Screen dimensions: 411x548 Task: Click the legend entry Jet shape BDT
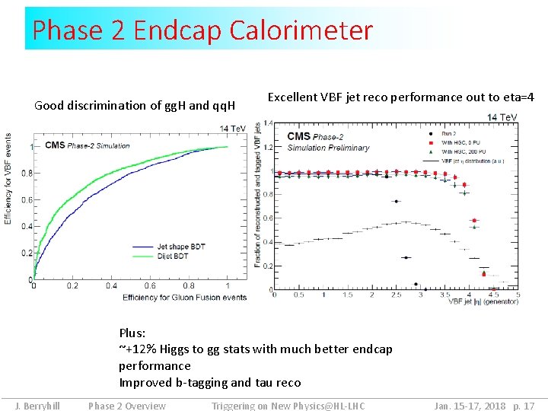[x=181, y=246]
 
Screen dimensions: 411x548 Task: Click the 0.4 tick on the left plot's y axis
[x=27, y=227]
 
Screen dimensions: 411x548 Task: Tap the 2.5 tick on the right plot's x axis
[x=396, y=295]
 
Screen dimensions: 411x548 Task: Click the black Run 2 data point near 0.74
[x=396, y=202]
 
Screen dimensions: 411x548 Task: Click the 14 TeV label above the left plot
[x=232, y=129]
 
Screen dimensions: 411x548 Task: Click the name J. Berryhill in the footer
[x=37, y=406]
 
